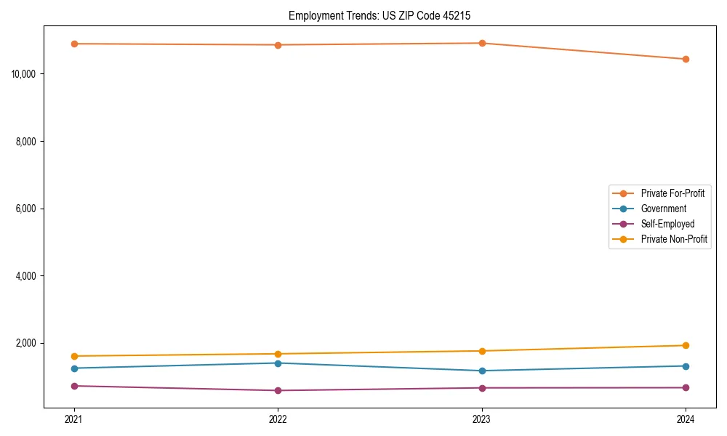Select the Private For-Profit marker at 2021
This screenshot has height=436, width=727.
point(74,44)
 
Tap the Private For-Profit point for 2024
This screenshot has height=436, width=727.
point(686,59)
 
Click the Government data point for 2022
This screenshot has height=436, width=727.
point(278,363)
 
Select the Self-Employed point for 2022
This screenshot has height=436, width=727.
point(278,390)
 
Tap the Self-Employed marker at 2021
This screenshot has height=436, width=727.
point(74,386)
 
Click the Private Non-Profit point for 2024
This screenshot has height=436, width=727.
point(686,345)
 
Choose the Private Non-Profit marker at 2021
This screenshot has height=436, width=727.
point(74,356)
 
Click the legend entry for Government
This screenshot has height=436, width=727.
point(663,209)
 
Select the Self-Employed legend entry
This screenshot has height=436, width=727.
point(667,224)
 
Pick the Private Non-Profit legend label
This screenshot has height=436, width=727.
point(674,239)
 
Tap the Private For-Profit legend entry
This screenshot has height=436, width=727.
point(672,193)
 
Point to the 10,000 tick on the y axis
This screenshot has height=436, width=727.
point(25,74)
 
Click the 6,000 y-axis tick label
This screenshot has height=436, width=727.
point(28,209)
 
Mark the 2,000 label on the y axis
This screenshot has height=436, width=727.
point(28,343)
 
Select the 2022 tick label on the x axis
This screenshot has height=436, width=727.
point(278,419)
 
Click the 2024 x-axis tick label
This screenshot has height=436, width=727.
point(686,419)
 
